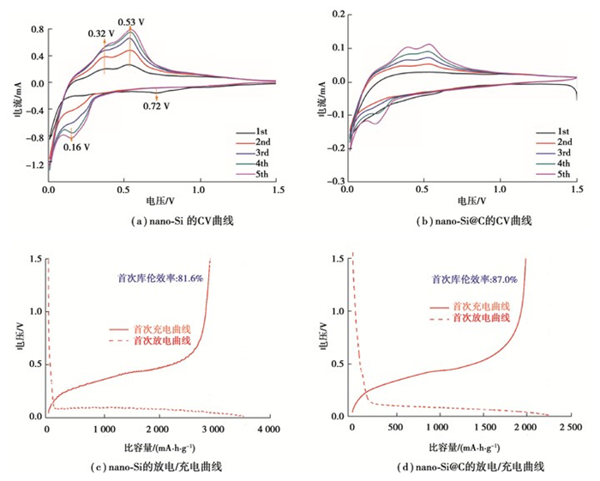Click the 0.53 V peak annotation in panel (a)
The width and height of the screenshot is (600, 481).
click(132, 21)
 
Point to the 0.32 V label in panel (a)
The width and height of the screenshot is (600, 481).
click(101, 33)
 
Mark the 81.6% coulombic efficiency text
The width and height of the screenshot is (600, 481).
click(160, 279)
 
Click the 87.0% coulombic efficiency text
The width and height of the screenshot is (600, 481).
click(474, 279)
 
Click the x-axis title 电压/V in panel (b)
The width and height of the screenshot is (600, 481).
click(463, 201)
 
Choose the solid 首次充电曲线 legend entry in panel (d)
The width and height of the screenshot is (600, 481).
click(463, 306)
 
